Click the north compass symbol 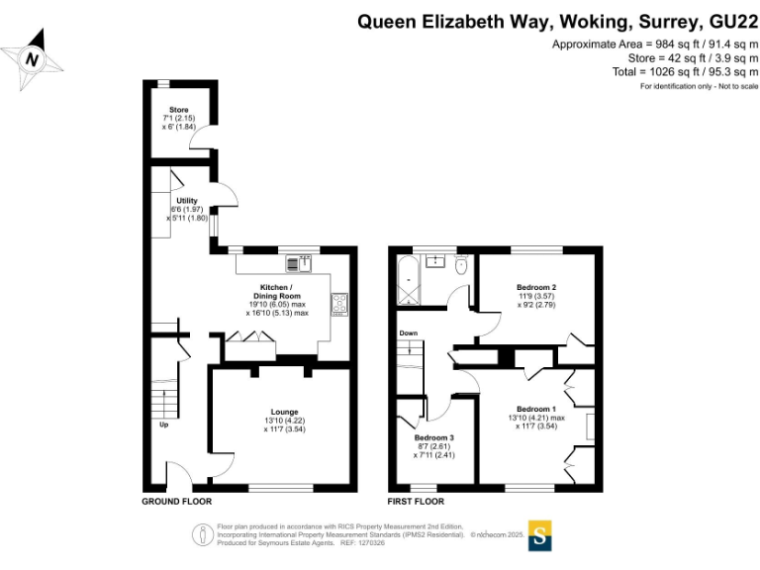pyautogui.click(x=36, y=57)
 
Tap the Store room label pyautogui.click(x=178, y=110)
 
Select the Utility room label pyautogui.click(x=174, y=201)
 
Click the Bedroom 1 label pyautogui.click(x=536, y=409)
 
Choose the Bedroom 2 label pyautogui.click(x=536, y=288)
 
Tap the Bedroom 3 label pyautogui.click(x=434, y=437)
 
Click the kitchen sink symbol pyautogui.click(x=299, y=263)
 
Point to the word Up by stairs pyautogui.click(x=163, y=426)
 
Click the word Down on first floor pyautogui.click(x=409, y=333)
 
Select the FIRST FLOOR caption pyautogui.click(x=416, y=502)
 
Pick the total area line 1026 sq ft pyautogui.click(x=687, y=72)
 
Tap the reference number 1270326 pyautogui.click(x=370, y=543)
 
